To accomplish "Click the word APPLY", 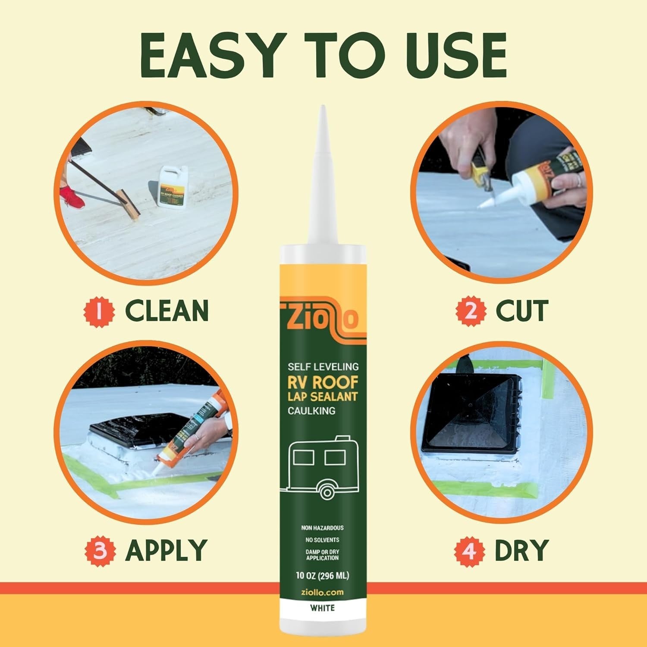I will [x=166, y=550].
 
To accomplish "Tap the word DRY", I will [x=521, y=550].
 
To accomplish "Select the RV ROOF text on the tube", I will [x=323, y=383].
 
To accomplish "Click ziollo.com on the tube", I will [x=323, y=592].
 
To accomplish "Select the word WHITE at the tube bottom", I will [x=323, y=608].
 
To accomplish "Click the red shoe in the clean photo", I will [x=71, y=196].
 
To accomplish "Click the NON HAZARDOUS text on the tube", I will [x=323, y=528].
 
